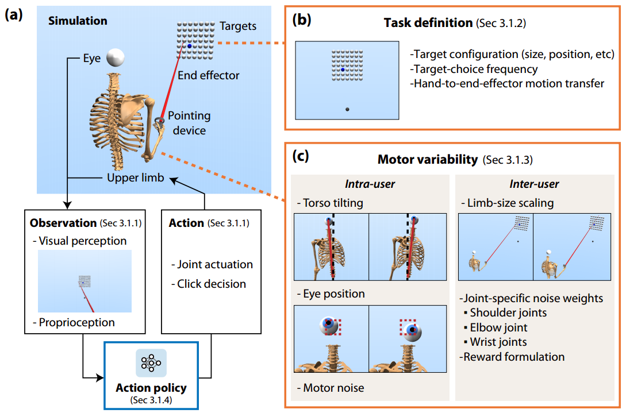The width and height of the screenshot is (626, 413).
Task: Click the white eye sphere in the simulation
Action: (116, 57)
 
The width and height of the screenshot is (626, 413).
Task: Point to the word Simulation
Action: (78, 21)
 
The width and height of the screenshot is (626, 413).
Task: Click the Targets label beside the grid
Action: (238, 26)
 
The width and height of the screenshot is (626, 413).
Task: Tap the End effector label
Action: (208, 75)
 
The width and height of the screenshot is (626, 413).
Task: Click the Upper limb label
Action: (135, 178)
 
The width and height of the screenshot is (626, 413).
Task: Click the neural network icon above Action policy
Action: (151, 363)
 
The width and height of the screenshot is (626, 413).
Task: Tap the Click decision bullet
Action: (211, 284)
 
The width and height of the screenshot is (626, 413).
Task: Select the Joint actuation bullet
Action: (212, 265)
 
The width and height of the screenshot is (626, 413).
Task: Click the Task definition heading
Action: (428, 24)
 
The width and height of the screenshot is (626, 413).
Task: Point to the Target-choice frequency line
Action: (474, 70)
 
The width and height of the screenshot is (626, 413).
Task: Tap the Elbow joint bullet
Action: (498, 327)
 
